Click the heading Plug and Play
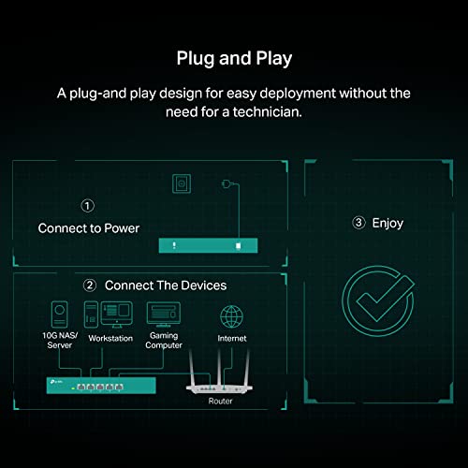(x=234, y=58)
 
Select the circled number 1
(x=87, y=205)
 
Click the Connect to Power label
(x=88, y=227)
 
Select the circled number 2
(x=89, y=285)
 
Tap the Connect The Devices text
(x=166, y=285)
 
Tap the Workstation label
(x=111, y=338)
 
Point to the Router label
(x=221, y=401)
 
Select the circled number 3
(x=358, y=223)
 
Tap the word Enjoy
(x=388, y=223)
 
